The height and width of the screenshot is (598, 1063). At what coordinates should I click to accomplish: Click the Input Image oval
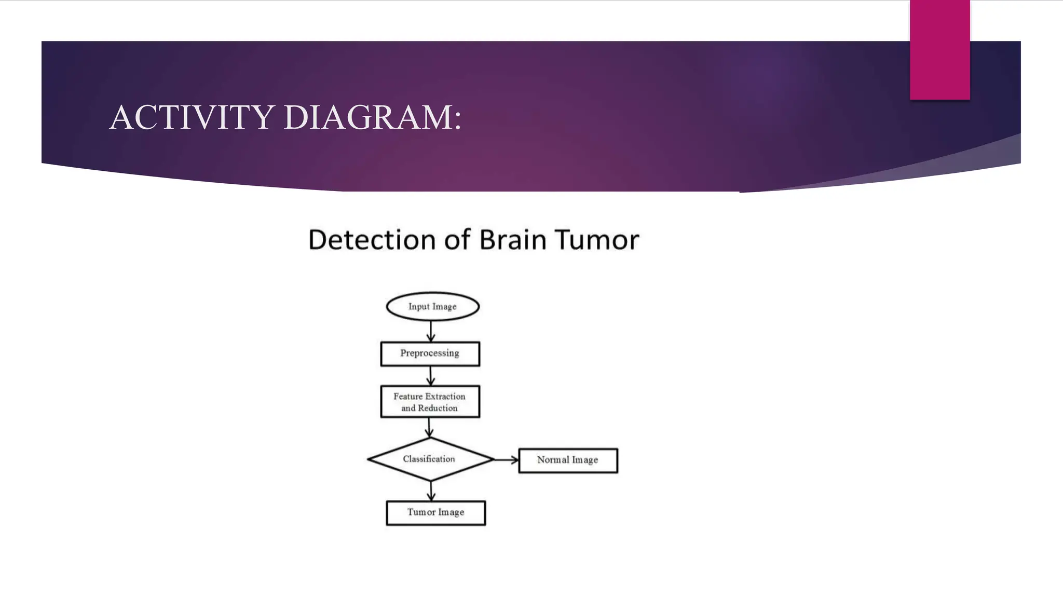point(432,306)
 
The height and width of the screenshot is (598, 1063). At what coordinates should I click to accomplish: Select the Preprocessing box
point(430,354)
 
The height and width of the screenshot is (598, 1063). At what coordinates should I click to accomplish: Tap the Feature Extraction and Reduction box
point(430,401)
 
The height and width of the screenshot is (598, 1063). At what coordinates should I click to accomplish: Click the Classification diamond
point(430,459)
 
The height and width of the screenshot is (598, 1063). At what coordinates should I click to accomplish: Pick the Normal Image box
point(568,460)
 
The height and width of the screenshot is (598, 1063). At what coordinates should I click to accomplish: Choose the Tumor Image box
point(435,512)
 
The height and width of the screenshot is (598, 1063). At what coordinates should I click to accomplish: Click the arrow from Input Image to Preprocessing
point(431,331)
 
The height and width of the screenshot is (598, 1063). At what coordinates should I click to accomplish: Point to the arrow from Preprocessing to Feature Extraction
point(430,376)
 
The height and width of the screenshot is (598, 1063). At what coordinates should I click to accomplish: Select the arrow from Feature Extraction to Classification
point(429,427)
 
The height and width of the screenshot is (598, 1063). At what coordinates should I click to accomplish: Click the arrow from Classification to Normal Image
point(506,459)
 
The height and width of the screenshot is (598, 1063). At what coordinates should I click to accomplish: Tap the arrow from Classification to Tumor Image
point(431,491)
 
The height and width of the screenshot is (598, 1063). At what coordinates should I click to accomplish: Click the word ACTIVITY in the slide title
point(192,117)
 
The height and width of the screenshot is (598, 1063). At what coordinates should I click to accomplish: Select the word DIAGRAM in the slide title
point(368,117)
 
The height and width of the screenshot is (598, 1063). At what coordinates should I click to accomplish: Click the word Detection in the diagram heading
point(363,240)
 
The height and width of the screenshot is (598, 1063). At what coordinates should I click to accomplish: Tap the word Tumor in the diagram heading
point(596,240)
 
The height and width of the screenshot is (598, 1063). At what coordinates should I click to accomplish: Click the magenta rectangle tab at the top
point(939,50)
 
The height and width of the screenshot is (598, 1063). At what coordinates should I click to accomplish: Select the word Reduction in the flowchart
point(438,408)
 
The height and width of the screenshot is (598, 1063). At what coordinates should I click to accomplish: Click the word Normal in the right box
point(553,460)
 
